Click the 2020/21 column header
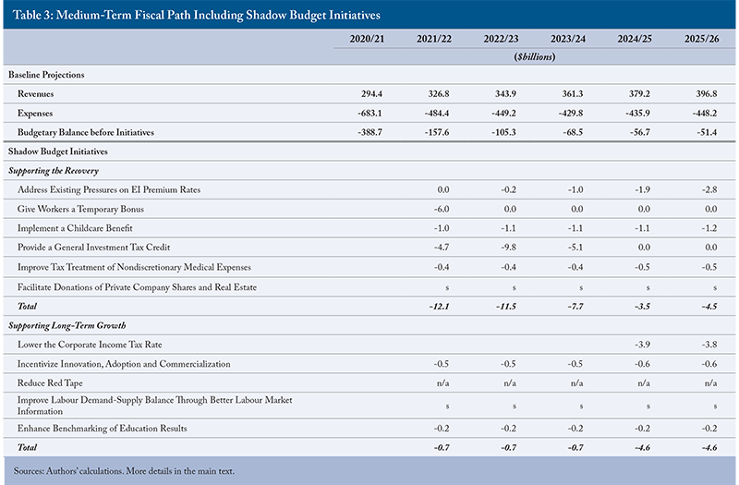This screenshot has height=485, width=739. point(367,39)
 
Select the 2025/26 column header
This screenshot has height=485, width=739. point(702,39)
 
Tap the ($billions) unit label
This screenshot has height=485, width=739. point(535,57)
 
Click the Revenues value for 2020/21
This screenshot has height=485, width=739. point(372,94)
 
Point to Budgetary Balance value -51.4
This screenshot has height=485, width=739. point(707,132)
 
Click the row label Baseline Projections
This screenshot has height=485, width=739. point(46,75)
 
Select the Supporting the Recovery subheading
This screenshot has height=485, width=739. point(54,171)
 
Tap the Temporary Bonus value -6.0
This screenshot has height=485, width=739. point(442,209)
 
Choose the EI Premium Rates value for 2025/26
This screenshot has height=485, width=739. point(709,190)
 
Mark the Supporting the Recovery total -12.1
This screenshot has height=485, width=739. point(440,307)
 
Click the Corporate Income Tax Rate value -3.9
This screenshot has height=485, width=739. point(642,345)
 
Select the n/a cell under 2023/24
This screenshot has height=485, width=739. point(576,383)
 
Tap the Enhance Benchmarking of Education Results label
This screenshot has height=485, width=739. point(103,429)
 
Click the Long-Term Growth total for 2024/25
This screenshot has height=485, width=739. point(641,448)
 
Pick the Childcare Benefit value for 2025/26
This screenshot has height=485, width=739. point(709,228)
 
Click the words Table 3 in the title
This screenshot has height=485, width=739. point(32,15)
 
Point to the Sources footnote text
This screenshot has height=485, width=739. point(124,471)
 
